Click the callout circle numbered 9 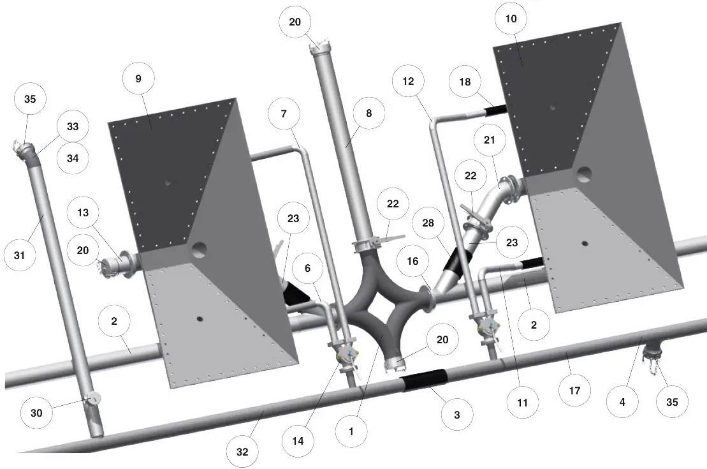(x=138, y=78)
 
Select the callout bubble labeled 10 (x=511, y=19)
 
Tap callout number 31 (x=19, y=255)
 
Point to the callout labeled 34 (x=73, y=158)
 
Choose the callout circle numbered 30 (x=36, y=413)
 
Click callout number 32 (x=242, y=451)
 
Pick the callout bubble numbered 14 (x=298, y=441)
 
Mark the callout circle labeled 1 (x=352, y=431)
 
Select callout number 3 (x=456, y=414)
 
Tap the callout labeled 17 (x=574, y=391)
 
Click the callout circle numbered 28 (x=428, y=223)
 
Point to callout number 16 (x=412, y=261)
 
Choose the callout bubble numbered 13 (x=83, y=212)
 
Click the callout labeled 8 (x=369, y=113)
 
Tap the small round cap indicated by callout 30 (x=94, y=398)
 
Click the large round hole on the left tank (x=199, y=249)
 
